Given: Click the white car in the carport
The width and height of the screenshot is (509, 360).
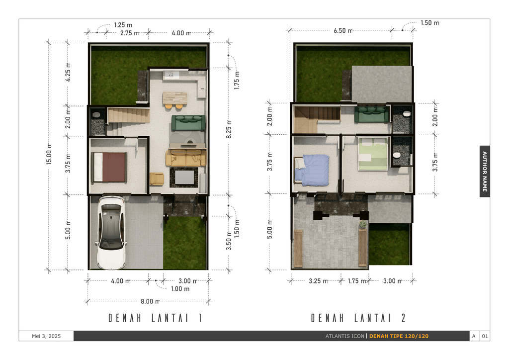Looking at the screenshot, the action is click(111, 232).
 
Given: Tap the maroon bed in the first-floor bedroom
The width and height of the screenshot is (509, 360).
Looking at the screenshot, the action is click(109, 167).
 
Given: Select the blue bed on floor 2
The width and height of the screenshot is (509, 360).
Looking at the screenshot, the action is click(312, 170).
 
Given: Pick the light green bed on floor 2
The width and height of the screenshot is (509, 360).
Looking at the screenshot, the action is click(373, 154).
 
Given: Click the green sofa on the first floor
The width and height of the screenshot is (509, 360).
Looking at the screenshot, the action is click(188, 123).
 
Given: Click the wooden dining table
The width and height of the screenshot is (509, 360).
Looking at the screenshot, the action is click(175, 98).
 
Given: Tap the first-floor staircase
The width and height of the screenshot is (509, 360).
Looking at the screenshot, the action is click(128, 115).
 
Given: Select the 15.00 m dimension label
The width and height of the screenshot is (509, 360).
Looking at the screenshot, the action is click(49, 155).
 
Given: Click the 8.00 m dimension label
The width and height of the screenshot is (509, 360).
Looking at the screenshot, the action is click(150, 301).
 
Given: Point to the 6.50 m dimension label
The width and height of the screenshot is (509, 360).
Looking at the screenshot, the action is click(343, 30).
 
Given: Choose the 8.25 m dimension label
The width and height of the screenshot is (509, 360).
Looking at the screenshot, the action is click(229, 129).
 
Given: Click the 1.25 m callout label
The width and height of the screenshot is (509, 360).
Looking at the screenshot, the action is click(123, 25).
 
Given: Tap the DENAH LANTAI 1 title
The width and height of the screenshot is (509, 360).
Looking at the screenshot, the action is click(156, 318).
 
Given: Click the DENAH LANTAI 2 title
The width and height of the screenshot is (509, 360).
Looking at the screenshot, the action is click(358, 318).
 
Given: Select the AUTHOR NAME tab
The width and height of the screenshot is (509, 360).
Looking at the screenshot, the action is click(485, 171).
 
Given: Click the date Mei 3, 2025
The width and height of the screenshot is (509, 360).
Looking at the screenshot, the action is click(46, 336).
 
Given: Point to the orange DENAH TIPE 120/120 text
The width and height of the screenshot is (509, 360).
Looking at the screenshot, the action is click(399, 336).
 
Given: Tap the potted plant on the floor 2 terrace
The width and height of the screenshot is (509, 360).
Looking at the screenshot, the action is click(363, 224).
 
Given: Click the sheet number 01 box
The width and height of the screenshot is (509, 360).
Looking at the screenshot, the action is click(485, 336).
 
